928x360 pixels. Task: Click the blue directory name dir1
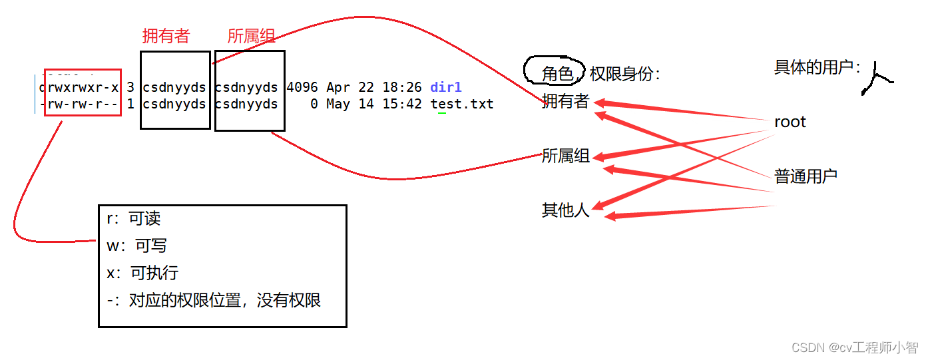446,87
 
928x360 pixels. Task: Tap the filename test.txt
462,104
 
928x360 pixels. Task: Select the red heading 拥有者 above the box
166,36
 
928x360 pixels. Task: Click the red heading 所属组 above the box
251,36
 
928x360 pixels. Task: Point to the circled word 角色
557,74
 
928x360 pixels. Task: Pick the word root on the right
790,122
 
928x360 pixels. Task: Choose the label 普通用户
806,176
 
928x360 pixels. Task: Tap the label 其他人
565,210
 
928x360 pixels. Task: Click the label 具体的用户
817,67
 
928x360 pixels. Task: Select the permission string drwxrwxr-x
79,87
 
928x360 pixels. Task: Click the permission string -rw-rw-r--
79,104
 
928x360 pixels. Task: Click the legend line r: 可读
134,219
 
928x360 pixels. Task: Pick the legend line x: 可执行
142,273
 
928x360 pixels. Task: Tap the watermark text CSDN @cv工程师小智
854,347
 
